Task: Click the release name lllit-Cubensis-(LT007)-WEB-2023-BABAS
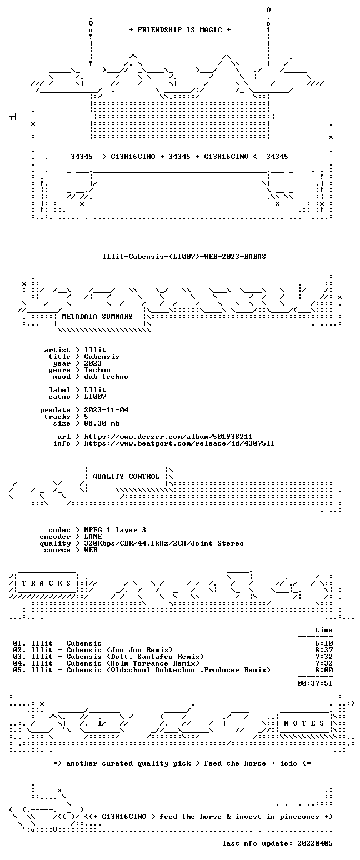coord(184,257)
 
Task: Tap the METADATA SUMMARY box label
coord(97,317)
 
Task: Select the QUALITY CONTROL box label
coord(126,477)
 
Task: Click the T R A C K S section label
coord(46,583)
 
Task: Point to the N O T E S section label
coord(304,723)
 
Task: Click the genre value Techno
coord(97,370)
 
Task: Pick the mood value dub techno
coord(106,377)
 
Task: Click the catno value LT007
coord(95,397)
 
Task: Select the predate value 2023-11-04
coord(106,410)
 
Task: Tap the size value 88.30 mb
coord(102,423)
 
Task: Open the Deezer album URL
coord(168,437)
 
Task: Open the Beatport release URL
coord(179,443)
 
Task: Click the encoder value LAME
coord(93,537)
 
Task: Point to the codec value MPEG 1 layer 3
coord(115,530)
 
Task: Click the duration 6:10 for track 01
coord(324,643)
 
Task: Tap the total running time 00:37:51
coord(314,683)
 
